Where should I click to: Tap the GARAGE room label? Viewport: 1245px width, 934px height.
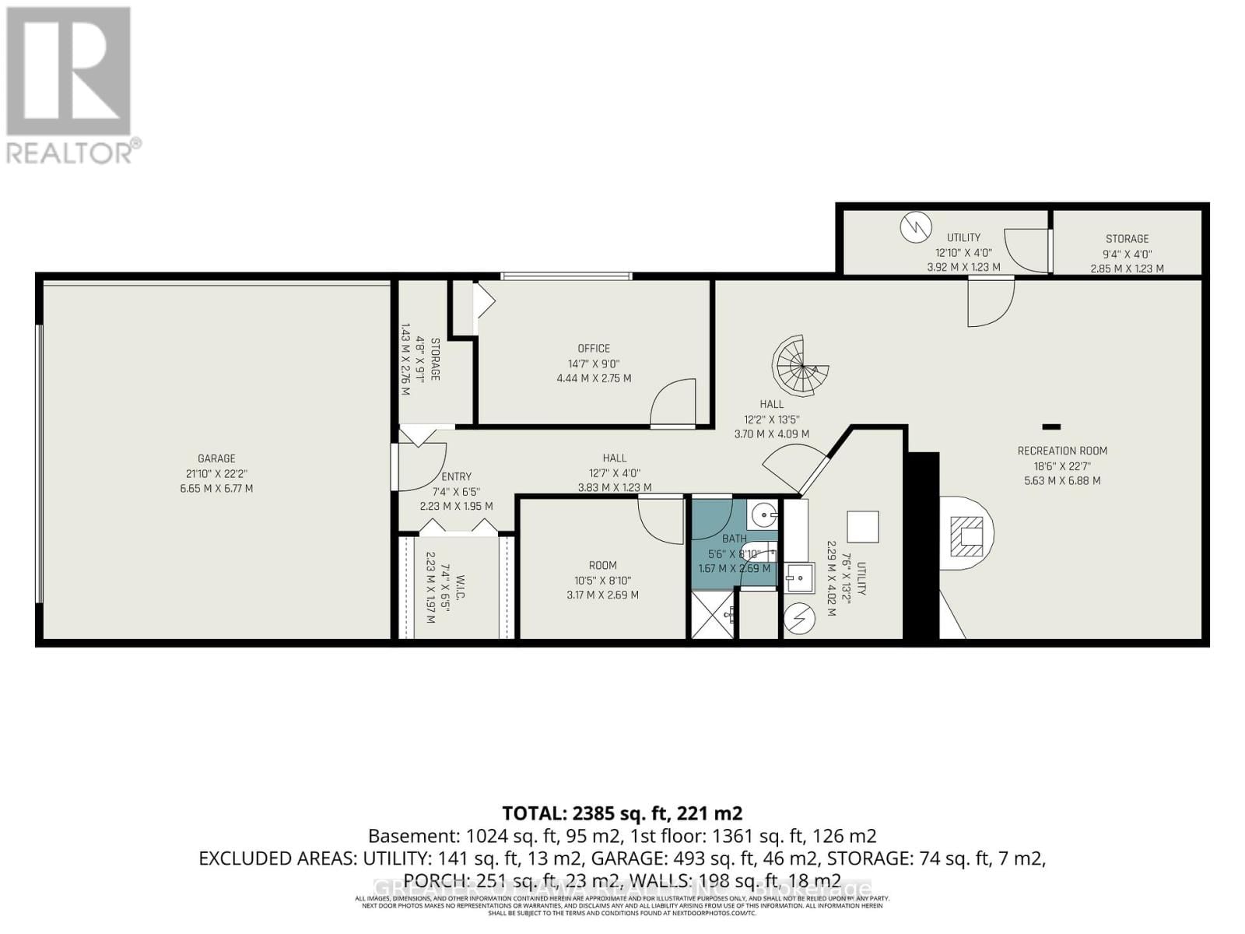(x=216, y=458)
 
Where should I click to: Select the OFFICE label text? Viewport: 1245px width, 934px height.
(x=594, y=348)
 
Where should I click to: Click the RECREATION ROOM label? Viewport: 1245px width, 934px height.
(x=1062, y=451)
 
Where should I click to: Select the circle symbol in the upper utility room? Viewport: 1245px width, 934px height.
(x=916, y=227)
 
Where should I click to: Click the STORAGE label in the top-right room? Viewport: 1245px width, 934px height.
(x=1127, y=239)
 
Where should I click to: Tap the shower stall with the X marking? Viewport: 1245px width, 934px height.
(x=712, y=616)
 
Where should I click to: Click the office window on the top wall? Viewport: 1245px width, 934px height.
(x=566, y=276)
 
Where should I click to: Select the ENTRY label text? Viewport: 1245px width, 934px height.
(x=456, y=476)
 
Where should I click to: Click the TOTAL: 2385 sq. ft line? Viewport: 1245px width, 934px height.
(x=622, y=813)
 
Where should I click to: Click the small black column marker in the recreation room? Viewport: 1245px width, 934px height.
(x=1051, y=426)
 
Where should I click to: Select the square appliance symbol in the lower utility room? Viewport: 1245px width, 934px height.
(x=862, y=527)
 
